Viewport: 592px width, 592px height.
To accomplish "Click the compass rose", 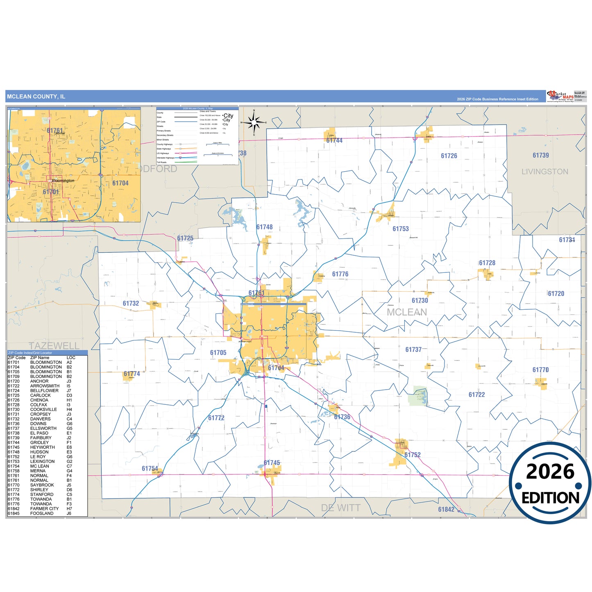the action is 254,122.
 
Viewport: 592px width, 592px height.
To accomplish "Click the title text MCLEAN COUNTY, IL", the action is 36,97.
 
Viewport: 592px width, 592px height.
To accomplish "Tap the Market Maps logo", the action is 560,96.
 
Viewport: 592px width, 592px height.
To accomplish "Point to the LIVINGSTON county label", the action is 544,172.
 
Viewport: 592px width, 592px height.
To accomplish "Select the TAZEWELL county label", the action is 54,345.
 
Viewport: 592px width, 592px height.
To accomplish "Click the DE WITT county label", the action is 340,508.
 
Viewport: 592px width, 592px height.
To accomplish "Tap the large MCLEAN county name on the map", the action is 407,312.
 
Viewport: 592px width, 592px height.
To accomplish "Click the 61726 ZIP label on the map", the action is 449,156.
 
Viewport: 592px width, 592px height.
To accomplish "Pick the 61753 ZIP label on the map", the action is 400,229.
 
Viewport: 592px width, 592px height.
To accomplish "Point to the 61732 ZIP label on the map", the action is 131,304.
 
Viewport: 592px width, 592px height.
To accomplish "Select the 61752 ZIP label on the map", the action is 412,455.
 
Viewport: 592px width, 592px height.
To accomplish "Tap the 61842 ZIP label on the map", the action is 446,509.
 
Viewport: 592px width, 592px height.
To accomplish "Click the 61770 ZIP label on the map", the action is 540,370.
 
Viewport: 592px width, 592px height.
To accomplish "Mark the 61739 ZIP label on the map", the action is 540,155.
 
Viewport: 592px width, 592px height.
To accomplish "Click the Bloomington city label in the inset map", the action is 63,181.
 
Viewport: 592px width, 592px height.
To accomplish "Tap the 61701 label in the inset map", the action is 51,192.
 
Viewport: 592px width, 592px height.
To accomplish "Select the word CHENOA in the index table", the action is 39,400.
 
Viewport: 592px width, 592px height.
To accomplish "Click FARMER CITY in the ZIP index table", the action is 44,509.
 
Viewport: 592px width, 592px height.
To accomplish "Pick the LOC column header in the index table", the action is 71,358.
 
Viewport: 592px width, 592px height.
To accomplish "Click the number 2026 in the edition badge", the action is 550,472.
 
